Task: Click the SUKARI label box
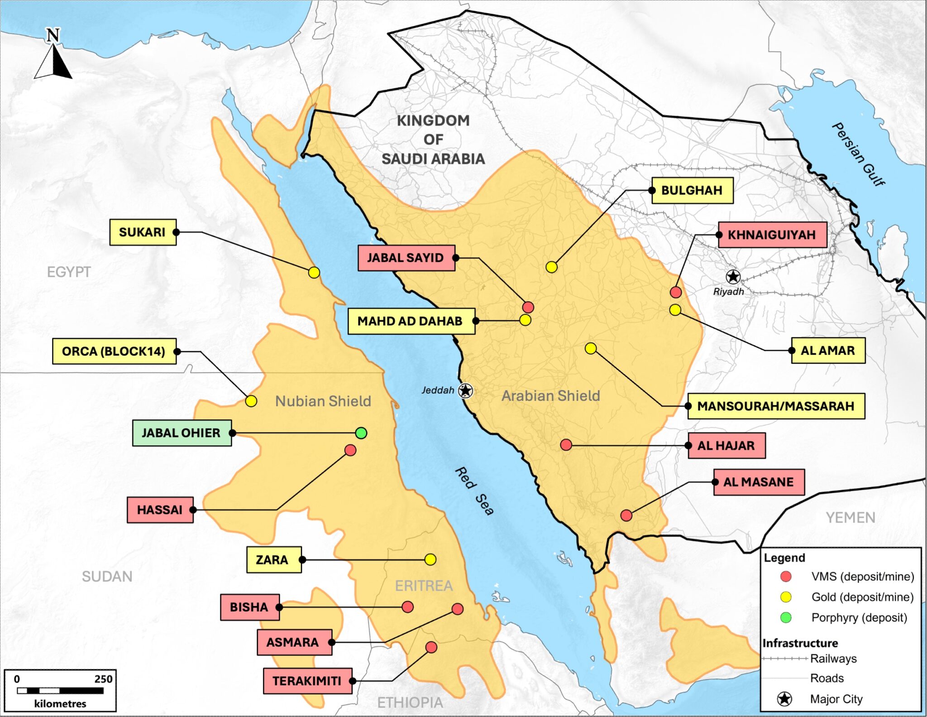point(143,232)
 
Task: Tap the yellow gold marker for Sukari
point(314,273)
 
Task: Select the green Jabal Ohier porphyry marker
point(361,433)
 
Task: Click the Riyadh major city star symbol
point(733,276)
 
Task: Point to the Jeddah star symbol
point(465,390)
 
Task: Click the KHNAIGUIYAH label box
point(772,235)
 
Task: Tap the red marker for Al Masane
point(626,515)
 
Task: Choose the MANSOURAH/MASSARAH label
point(776,406)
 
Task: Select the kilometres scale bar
point(60,691)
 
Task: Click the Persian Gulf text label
point(858,154)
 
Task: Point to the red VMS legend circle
point(786,576)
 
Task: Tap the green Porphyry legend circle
point(786,617)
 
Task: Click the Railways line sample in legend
point(784,659)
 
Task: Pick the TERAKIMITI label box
point(307,681)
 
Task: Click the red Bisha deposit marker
point(407,607)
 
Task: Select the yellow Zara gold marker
point(430,559)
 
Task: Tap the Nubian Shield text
point(323,401)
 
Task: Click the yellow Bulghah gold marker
point(551,267)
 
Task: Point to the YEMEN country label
point(850,517)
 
